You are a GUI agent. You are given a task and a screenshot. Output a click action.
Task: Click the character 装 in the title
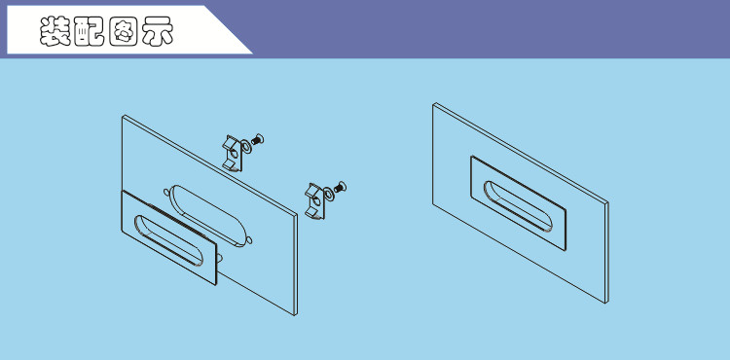(x=55, y=32)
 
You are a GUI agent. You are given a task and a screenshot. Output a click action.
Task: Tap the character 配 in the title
(x=89, y=32)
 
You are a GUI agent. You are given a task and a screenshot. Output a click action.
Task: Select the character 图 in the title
(x=123, y=32)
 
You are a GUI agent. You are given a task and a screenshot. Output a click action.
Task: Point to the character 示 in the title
(x=158, y=32)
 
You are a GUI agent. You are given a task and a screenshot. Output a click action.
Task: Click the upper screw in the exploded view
(x=258, y=138)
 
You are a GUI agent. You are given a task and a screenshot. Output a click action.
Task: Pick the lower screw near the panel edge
(x=341, y=188)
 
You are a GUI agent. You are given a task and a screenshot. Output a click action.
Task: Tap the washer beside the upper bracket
(x=246, y=148)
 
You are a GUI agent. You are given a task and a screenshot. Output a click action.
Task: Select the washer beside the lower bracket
(x=329, y=194)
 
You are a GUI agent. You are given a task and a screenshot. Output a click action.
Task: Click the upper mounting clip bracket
(x=233, y=154)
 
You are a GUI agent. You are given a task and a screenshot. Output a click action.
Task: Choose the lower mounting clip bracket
(x=315, y=201)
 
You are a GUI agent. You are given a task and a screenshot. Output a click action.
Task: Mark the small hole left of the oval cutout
(x=166, y=192)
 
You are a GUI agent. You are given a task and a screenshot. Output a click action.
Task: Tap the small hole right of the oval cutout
(x=249, y=240)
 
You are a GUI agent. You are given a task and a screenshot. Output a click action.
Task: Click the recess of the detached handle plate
(x=168, y=240)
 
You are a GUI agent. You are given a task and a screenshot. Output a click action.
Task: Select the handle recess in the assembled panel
(x=518, y=206)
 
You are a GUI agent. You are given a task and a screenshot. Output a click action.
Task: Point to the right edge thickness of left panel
(x=296, y=265)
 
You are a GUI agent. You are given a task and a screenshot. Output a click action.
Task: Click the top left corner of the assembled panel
(x=433, y=103)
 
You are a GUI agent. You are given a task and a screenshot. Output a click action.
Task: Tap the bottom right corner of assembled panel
(x=606, y=303)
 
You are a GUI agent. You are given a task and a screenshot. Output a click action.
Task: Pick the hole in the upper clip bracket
(x=235, y=153)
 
